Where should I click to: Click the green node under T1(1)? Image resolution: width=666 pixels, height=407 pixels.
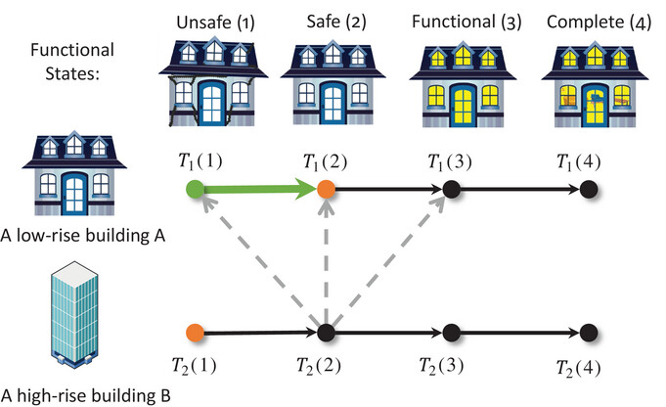coord(195,190)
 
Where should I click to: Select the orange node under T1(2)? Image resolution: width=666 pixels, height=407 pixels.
coord(326,190)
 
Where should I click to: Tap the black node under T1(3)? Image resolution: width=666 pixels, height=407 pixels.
coord(452,190)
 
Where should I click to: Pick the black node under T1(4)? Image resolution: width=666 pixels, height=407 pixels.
coord(589,190)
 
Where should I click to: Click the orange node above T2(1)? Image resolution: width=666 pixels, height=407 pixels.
coord(195,333)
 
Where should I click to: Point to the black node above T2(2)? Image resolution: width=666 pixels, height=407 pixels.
coord(327,333)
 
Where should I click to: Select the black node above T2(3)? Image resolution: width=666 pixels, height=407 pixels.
coord(452,333)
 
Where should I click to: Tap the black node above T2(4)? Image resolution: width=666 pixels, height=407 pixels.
coord(589,333)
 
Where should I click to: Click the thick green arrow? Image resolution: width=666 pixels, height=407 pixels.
coord(260,190)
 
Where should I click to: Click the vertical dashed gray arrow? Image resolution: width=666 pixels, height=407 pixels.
coord(326,262)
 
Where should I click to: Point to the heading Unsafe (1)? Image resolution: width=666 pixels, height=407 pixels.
coord(215,23)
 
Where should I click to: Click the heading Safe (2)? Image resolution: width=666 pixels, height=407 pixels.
coord(336,22)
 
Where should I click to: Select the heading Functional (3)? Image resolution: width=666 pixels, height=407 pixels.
coord(466,22)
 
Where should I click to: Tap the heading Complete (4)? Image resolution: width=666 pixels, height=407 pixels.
coord(599,23)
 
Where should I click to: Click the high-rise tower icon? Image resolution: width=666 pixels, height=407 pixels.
coord(74,314)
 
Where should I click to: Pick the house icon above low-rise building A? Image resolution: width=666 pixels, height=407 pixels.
coord(74,173)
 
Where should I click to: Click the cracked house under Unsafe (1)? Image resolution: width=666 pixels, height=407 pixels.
coord(213,81)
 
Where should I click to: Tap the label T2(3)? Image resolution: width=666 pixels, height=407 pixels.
coord(441,365)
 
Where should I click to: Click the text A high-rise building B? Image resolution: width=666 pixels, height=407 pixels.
coord(85,395)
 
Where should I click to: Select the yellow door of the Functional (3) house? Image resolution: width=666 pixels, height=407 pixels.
coord(463,105)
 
